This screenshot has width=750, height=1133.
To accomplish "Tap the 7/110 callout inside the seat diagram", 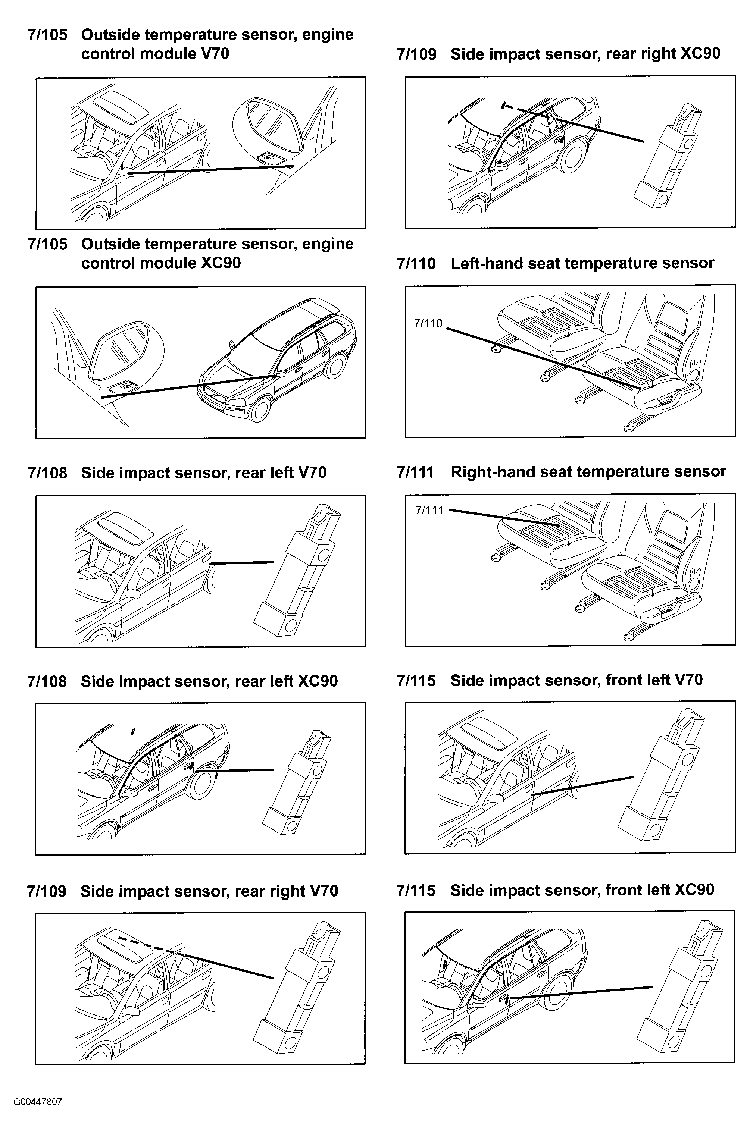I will [x=428, y=324].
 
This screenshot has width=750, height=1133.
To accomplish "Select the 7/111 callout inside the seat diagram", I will [x=429, y=511].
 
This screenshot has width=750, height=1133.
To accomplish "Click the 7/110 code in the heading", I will [x=416, y=263].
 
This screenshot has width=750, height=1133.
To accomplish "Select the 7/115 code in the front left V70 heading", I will [x=416, y=680].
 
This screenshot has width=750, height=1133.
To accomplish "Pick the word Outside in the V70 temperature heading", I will [x=110, y=34].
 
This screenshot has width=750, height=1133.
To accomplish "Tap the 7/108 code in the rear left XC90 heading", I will [x=47, y=681].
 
